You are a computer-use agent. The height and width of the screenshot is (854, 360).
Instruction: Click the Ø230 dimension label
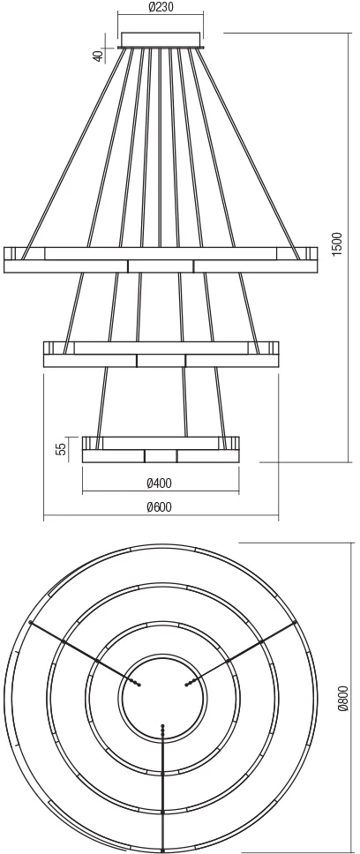click(x=161, y=8)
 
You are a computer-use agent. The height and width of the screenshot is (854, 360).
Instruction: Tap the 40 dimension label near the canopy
click(x=99, y=56)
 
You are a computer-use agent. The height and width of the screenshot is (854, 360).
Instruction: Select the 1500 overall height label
click(x=337, y=244)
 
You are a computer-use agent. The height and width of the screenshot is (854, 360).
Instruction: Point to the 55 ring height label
click(x=62, y=448)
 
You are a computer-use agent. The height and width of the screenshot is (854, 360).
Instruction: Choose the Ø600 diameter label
click(x=160, y=507)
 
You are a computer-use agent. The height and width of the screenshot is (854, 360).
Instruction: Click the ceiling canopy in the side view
click(x=161, y=41)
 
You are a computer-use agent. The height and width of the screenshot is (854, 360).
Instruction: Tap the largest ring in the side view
click(x=161, y=260)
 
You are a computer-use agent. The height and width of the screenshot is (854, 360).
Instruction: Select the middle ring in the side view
click(x=161, y=355)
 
